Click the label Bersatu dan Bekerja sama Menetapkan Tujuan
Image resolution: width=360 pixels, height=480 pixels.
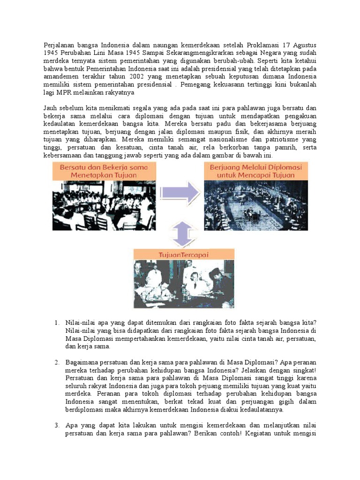tap(104, 171)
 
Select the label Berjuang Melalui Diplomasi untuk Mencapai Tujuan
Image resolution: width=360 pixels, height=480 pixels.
tap(256, 171)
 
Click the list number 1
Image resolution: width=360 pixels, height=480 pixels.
tap(56, 322)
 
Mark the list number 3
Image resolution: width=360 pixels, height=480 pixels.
tap(56, 426)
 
